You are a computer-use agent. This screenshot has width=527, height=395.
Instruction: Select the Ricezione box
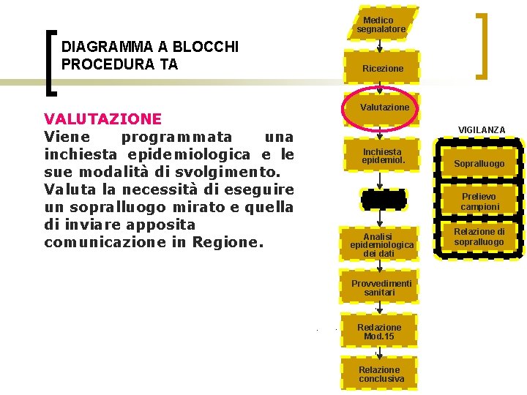381,68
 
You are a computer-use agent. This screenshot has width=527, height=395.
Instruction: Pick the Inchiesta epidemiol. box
381,156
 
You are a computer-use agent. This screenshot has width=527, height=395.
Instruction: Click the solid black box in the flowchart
381,199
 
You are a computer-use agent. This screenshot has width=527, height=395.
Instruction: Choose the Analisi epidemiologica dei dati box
381,244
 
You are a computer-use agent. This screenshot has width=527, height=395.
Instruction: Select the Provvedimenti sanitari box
381,287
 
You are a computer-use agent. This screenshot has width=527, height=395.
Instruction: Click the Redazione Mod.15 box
379,331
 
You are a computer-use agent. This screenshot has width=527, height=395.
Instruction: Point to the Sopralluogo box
479,164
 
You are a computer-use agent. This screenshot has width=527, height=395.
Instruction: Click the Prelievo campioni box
480,202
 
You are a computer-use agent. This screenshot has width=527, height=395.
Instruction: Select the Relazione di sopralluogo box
479,236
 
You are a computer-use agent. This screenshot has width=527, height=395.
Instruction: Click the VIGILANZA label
482,129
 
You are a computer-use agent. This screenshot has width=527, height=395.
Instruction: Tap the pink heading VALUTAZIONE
102,118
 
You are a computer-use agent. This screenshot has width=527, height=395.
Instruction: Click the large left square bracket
51,62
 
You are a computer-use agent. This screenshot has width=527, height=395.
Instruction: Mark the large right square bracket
483,45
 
